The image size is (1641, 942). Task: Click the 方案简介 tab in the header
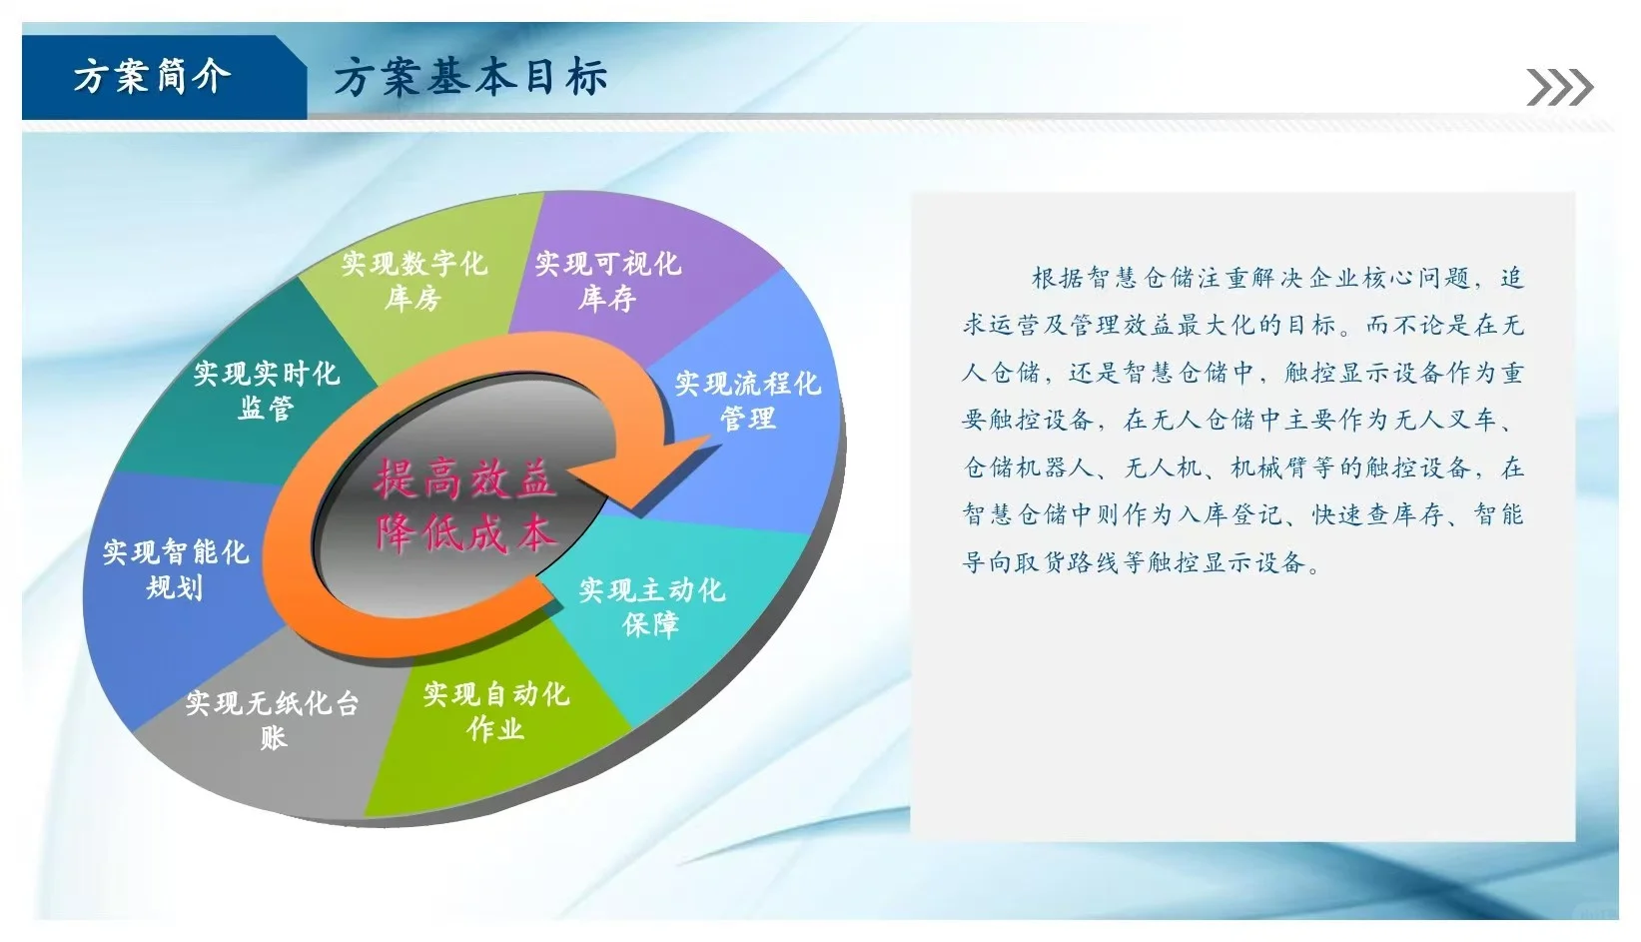tap(152, 77)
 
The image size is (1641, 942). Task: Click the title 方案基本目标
tap(469, 78)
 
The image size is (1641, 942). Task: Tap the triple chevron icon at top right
tap(1559, 88)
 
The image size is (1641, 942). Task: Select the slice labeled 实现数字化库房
tap(413, 281)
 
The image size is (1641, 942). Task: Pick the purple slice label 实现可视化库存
tap(607, 281)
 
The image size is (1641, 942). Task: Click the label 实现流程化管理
tap(747, 401)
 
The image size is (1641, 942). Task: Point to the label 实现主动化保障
tap(651, 607)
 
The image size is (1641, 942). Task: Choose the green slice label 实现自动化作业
tap(495, 711)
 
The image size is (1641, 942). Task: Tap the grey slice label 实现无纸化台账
tap(272, 720)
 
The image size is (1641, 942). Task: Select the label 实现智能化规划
tap(175, 569)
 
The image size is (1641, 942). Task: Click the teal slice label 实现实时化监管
tap(266, 391)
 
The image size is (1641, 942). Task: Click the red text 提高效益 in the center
tap(463, 479)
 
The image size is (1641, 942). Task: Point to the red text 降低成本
tap(463, 534)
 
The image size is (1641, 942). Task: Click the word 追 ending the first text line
tap(1512, 278)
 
